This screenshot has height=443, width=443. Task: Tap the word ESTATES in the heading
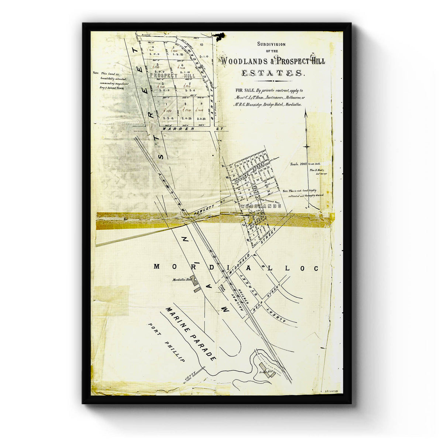tap(273, 73)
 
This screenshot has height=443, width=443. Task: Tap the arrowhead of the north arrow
tap(306, 114)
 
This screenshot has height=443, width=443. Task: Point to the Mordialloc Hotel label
tap(181, 279)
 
